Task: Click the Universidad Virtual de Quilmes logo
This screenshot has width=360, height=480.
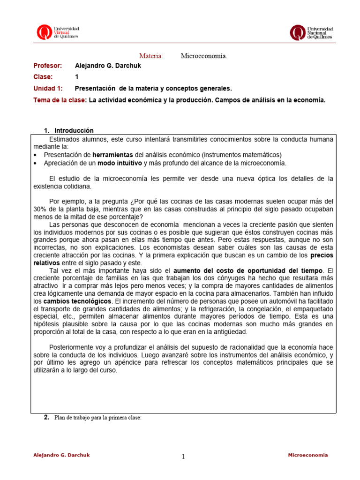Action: [x=58, y=32]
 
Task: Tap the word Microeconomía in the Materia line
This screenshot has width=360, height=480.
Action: [x=204, y=56]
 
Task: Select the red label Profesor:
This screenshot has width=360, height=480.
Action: [x=47, y=66]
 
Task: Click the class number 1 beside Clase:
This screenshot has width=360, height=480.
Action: [x=77, y=77]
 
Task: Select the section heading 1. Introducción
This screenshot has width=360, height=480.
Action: [x=69, y=130]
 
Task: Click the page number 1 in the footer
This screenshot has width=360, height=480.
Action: [x=183, y=457]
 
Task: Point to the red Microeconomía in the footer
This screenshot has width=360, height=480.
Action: [x=307, y=455]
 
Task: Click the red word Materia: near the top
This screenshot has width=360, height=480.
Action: [x=151, y=56]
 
